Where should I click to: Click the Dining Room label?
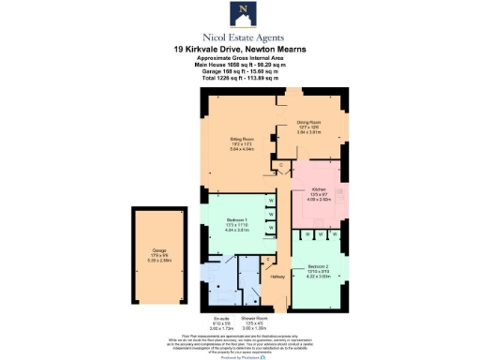coord(309,123)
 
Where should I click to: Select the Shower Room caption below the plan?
coord(256,320)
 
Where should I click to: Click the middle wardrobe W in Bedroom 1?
coord(272,215)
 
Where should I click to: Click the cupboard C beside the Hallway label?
coord(270,259)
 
